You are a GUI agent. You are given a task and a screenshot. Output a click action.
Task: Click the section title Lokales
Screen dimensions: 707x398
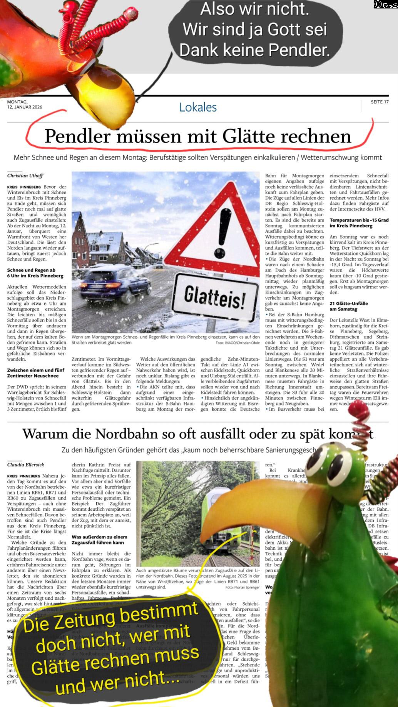(x=198, y=107)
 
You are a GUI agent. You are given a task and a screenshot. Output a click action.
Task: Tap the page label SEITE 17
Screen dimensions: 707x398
(x=380, y=102)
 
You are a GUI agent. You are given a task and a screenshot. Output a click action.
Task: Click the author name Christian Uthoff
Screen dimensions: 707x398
(x=25, y=176)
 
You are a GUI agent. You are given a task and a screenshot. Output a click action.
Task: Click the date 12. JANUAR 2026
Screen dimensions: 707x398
(x=25, y=107)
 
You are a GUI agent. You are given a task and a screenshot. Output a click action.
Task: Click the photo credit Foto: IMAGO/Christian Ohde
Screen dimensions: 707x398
(x=237, y=343)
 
